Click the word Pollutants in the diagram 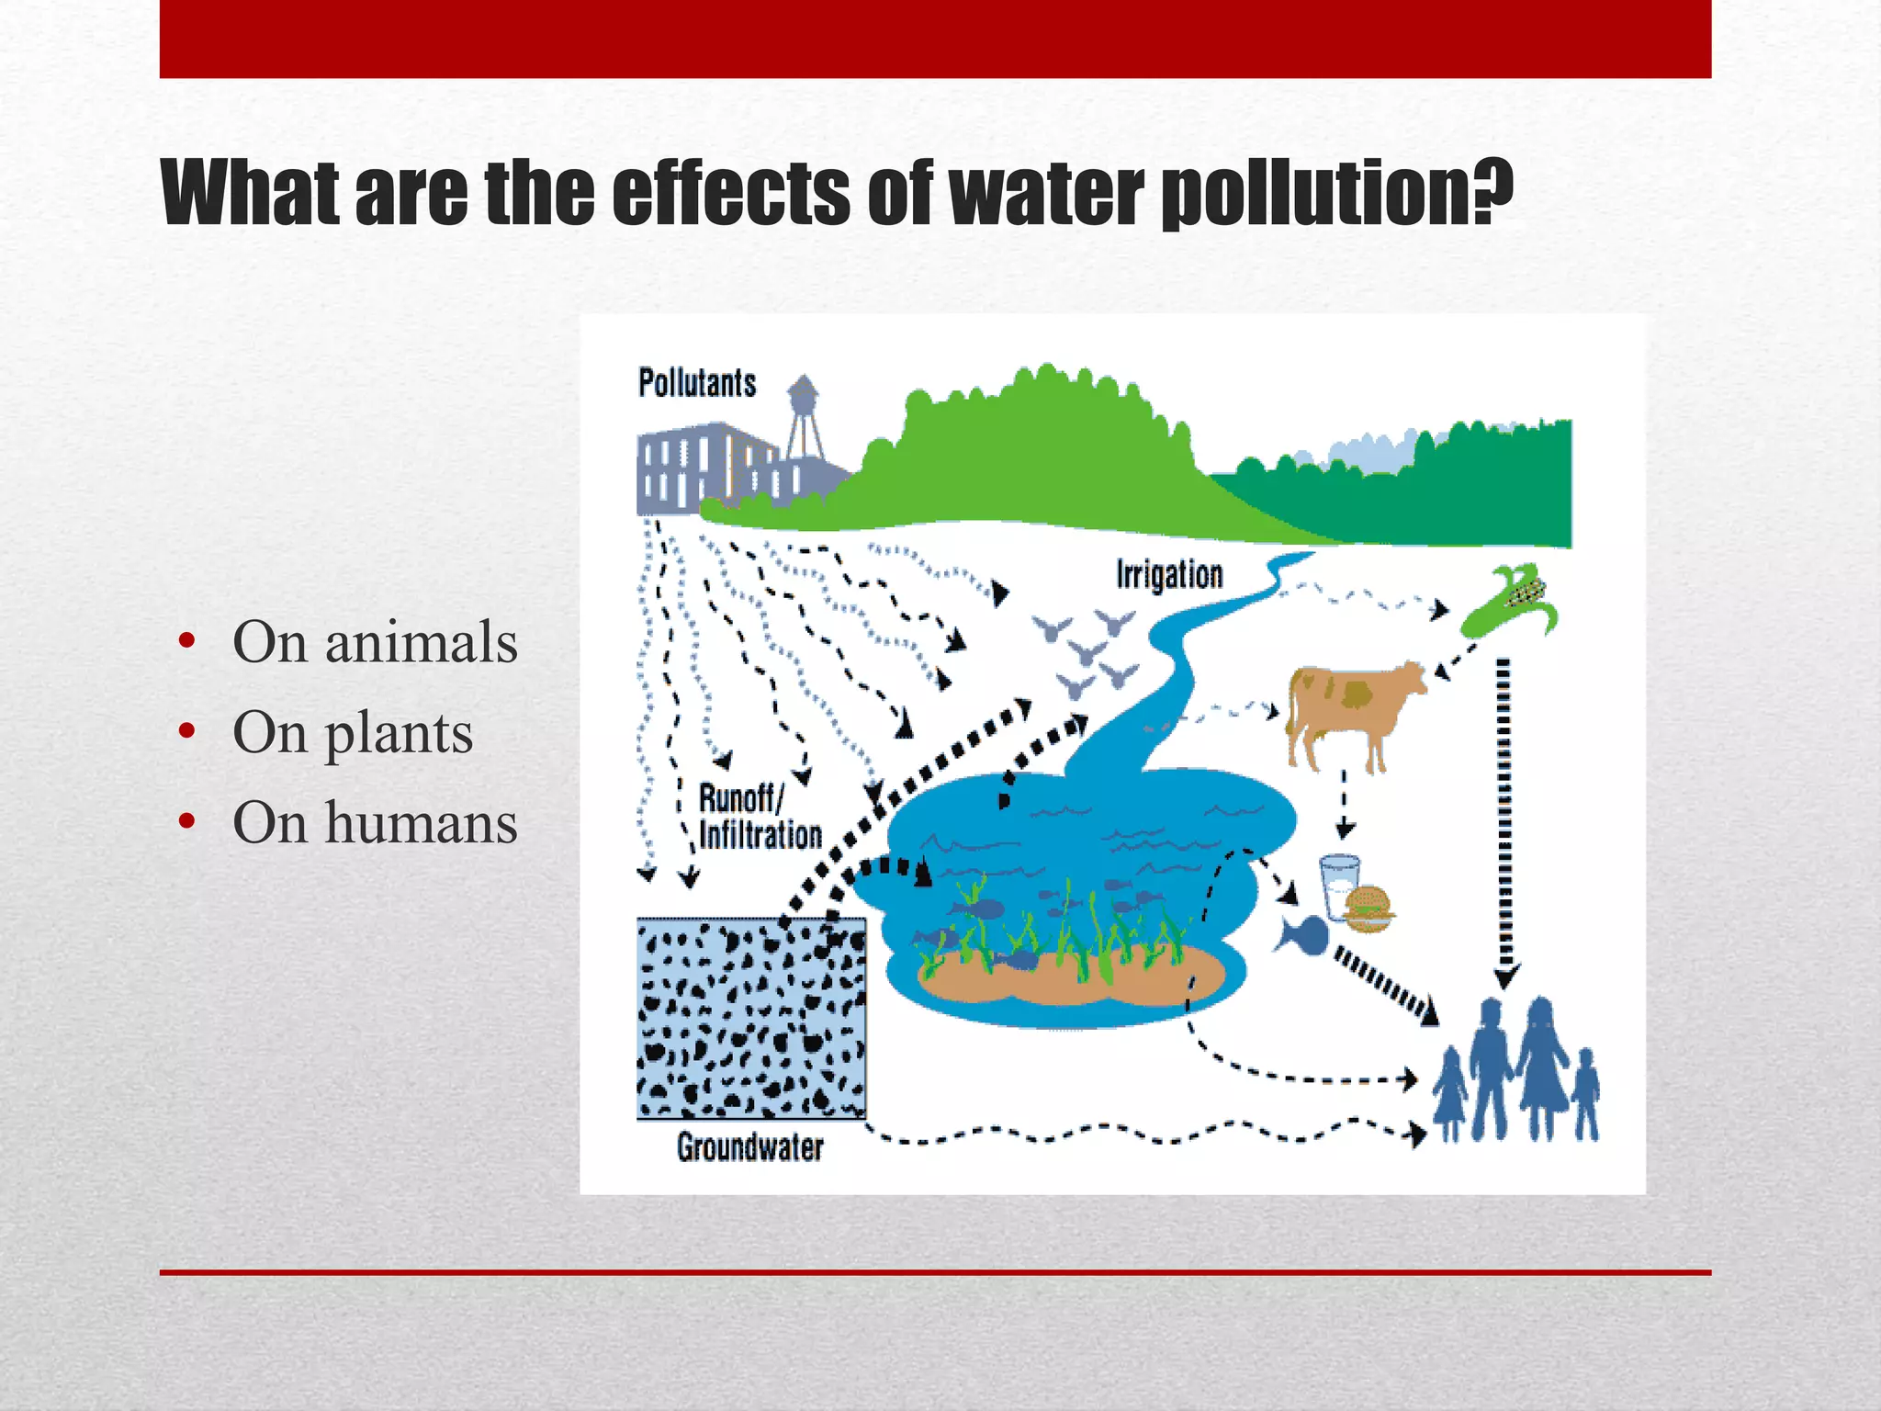[697, 383]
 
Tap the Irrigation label [1169, 575]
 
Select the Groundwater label [749, 1147]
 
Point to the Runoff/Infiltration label [760, 817]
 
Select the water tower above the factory [804, 413]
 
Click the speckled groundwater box [751, 1019]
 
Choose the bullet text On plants [353, 732]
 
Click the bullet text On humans [375, 822]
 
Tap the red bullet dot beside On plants [187, 732]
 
